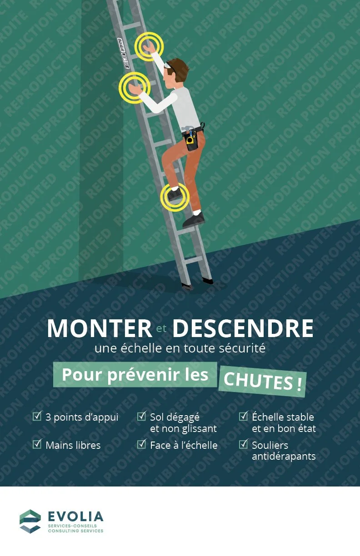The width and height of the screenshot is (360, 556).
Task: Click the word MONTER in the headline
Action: click(99, 328)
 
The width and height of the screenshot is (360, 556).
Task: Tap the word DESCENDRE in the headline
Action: click(243, 328)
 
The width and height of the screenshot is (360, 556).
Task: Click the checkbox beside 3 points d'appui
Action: click(37, 416)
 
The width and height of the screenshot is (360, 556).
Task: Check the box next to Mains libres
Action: click(37, 444)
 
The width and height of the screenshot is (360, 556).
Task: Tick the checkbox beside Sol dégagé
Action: click(142, 416)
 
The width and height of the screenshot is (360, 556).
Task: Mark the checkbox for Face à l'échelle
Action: click(142, 444)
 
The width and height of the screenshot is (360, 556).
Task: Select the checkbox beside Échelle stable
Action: click(244, 416)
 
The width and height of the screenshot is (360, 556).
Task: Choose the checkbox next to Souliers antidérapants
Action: click(244, 444)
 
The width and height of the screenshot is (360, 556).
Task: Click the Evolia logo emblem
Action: click(30, 521)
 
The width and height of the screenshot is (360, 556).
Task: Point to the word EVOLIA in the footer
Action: click(75, 516)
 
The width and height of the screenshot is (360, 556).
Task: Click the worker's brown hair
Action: click(178, 68)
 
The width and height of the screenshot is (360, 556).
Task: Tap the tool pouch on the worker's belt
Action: click(192, 138)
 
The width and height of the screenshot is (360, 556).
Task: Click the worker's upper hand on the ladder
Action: click(148, 46)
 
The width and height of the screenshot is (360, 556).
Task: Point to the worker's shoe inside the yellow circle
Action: click(174, 195)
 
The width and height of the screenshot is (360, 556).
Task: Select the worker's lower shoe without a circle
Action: click(194, 220)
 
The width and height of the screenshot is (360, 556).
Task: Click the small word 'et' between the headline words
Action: click(162, 328)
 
